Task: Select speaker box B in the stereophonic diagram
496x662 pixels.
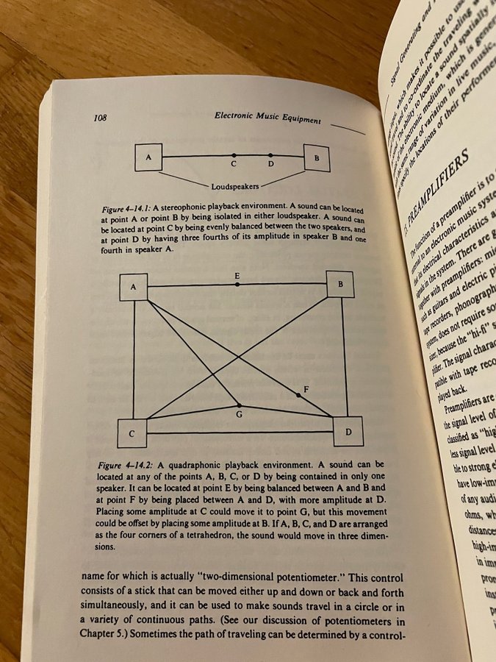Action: pyautogui.click(x=317, y=158)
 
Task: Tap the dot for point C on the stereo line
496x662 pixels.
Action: pyautogui.click(x=234, y=155)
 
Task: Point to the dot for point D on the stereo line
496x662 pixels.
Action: pyautogui.click(x=270, y=155)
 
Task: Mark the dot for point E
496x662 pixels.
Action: pyautogui.click(x=237, y=284)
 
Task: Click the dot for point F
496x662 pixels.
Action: pyautogui.click(x=298, y=396)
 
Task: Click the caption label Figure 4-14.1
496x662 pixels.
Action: pyautogui.click(x=125, y=210)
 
